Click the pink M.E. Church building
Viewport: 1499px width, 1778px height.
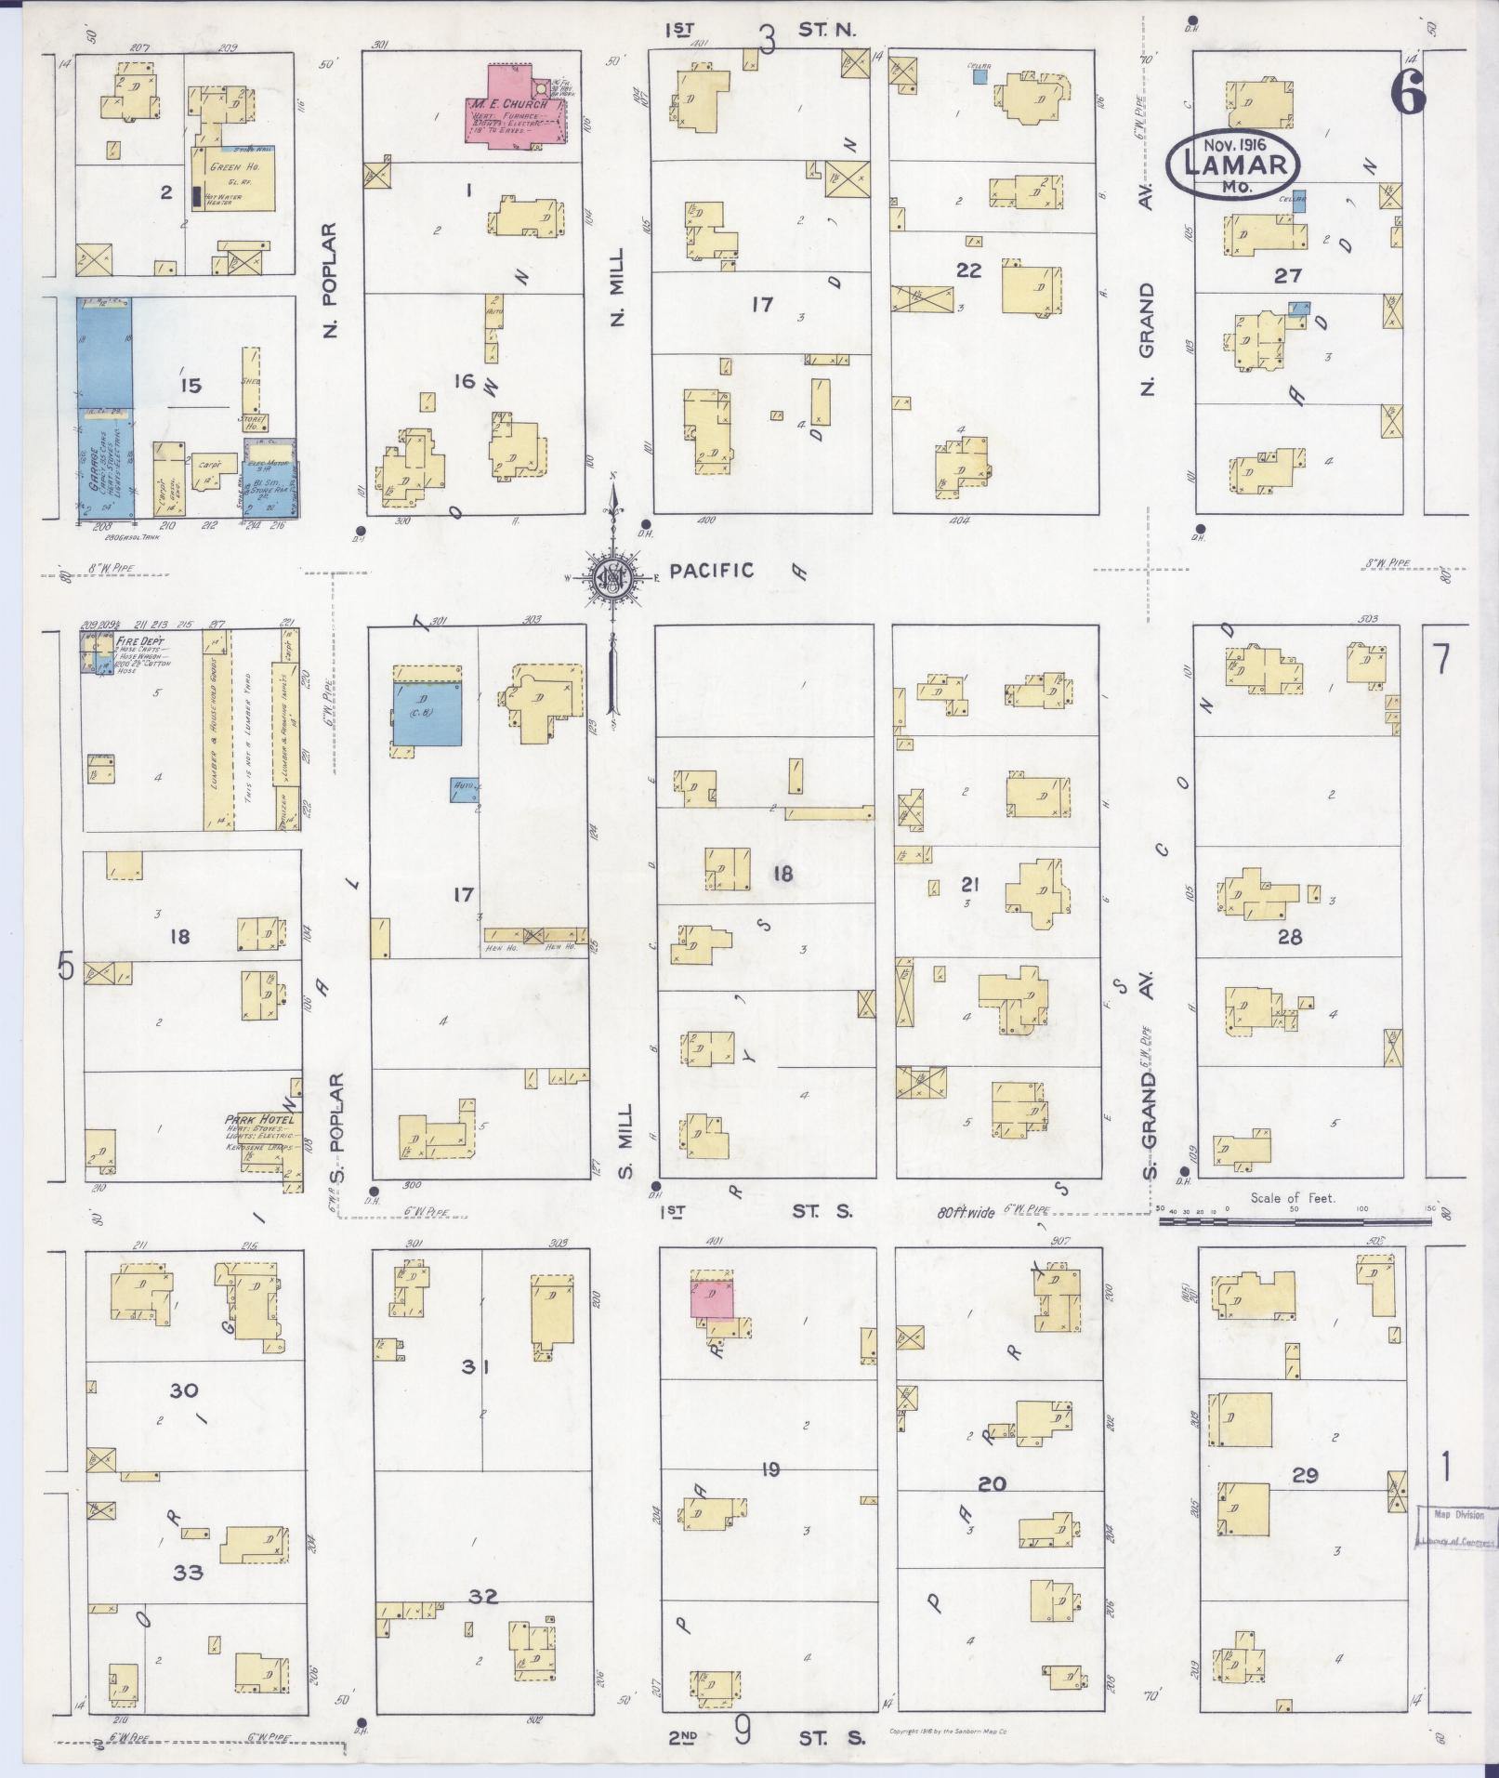(x=514, y=105)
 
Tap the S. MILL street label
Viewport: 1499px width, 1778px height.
(x=625, y=1140)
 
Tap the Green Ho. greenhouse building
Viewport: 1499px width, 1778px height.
(x=233, y=178)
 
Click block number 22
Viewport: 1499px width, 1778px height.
(x=968, y=270)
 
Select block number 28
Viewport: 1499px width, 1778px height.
(x=1289, y=937)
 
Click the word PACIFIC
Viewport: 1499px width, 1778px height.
(x=711, y=570)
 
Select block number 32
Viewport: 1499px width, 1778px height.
(x=483, y=1597)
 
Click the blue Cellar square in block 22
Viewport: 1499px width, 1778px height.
(x=980, y=78)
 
